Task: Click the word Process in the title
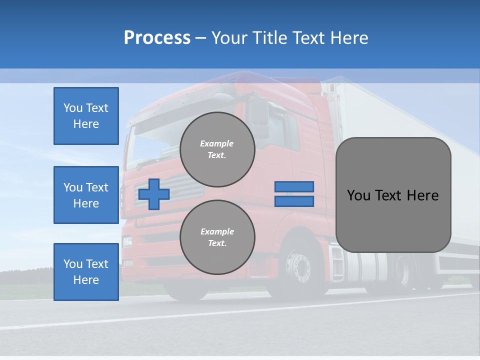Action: click(x=157, y=37)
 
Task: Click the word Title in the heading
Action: click(x=270, y=37)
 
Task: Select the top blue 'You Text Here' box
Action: click(x=86, y=116)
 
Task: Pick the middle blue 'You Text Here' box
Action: click(x=86, y=195)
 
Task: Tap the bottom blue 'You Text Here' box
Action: click(x=86, y=272)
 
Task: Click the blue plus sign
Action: click(x=154, y=194)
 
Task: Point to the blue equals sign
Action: click(x=294, y=194)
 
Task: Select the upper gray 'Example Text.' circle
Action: click(x=217, y=149)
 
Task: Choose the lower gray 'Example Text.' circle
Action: click(x=217, y=237)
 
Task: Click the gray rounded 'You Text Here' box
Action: click(x=393, y=195)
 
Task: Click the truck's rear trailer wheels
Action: click(x=405, y=272)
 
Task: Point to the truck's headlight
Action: click(x=127, y=241)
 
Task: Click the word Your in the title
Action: click(x=228, y=37)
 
